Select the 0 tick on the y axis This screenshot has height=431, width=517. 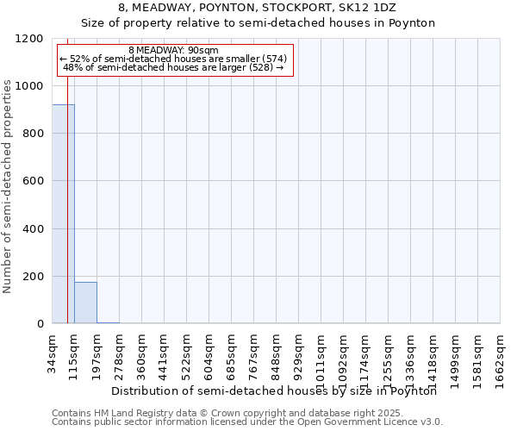coord(40,324)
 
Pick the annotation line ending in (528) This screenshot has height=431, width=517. coord(174,67)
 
